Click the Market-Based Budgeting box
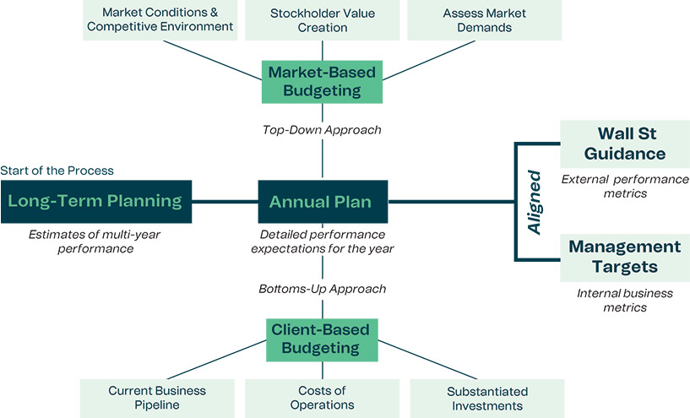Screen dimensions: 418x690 point(322,82)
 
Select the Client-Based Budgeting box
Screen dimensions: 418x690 point(321,338)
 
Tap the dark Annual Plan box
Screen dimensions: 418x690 point(322,202)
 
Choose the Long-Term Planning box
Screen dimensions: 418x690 point(96,202)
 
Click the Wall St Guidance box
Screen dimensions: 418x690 point(625,144)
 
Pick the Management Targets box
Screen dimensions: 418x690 point(625,258)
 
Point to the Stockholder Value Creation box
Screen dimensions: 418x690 point(321,20)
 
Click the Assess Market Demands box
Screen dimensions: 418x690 point(484,20)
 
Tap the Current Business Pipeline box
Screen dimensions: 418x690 point(157,398)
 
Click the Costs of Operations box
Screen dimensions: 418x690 point(321,398)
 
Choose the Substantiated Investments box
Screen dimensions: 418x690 point(486,398)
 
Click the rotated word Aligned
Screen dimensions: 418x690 point(535,202)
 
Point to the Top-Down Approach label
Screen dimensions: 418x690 point(321,130)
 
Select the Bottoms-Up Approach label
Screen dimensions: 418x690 point(322,289)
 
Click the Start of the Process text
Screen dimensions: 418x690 point(57,171)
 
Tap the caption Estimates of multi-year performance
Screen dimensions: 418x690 point(95,242)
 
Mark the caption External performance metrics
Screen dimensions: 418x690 point(625,187)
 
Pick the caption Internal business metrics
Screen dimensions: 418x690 point(625,301)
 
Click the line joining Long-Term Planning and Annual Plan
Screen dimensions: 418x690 point(225,202)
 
